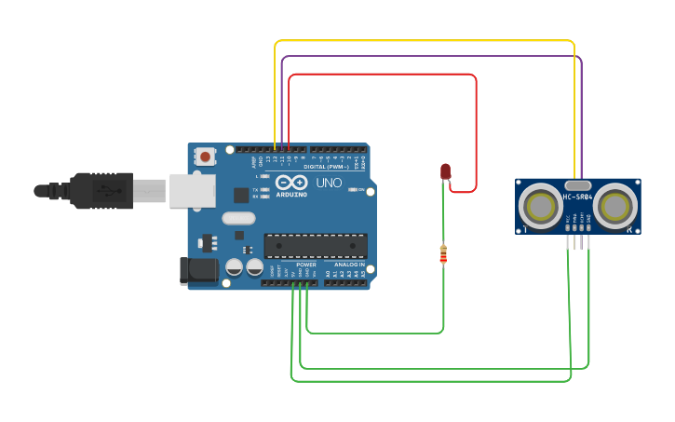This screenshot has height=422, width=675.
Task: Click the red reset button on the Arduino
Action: pos(204,157)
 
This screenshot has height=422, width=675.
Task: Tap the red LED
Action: pos(445,171)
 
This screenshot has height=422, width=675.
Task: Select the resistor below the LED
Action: pos(442,253)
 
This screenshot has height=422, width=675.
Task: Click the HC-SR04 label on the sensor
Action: pos(577,197)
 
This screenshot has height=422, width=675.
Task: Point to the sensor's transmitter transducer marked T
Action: pos(539,206)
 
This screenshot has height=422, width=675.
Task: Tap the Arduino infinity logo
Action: pos(290,182)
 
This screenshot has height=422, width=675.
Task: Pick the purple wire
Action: pos(428,56)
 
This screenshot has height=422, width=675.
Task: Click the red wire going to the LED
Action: pos(391,75)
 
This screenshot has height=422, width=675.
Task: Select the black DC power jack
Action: pos(198,271)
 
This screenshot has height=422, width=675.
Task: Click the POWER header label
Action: pos(306,265)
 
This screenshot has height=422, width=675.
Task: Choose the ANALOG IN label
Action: pos(349,265)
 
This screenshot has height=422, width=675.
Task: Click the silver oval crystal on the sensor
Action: pos(577,185)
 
